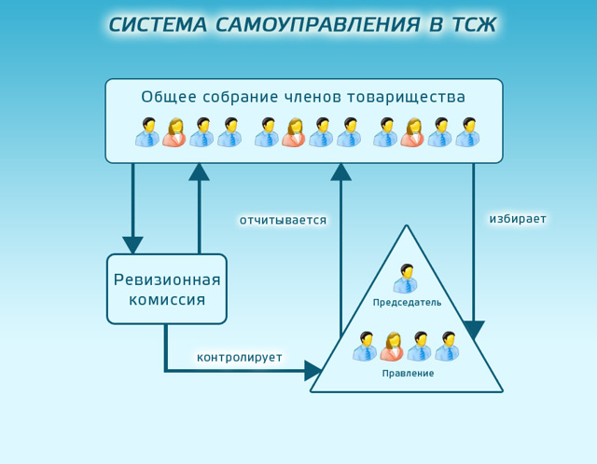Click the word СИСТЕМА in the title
click(x=159, y=25)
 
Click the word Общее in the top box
click(x=167, y=97)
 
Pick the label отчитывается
click(x=283, y=220)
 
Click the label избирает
click(x=518, y=219)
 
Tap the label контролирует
click(x=239, y=357)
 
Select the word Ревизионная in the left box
click(x=167, y=280)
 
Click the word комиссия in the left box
click(x=167, y=301)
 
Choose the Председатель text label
click(x=407, y=303)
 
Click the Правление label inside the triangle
click(x=408, y=374)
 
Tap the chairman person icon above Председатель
click(x=406, y=279)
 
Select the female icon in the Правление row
click(x=393, y=347)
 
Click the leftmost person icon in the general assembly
click(x=147, y=132)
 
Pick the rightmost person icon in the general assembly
click(x=467, y=132)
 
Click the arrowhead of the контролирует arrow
click(x=314, y=371)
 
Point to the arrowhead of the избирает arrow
click(x=474, y=330)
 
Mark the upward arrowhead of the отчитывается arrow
click(x=341, y=171)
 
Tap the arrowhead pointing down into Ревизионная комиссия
click(x=133, y=245)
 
